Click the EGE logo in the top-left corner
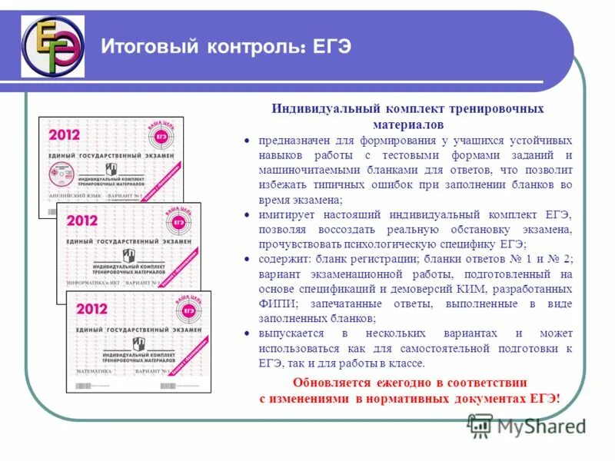pos(53,46)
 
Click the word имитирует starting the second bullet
pos(287,214)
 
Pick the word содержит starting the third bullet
pos(282,258)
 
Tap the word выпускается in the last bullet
pos(293,333)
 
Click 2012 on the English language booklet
pos(65,134)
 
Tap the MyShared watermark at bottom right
pos(529,426)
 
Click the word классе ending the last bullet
pos(407,363)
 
